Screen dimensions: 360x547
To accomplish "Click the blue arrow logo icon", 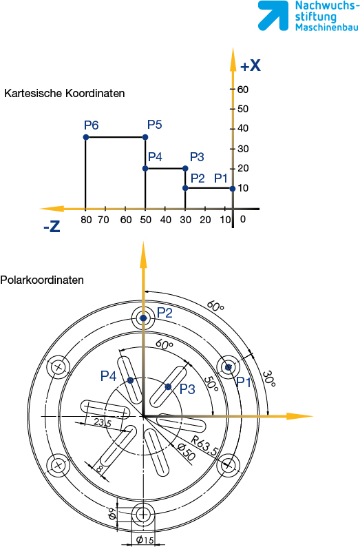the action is (273, 16).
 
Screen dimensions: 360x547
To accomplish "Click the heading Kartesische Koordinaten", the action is (65, 94).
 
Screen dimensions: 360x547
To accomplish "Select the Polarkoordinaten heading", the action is (42, 280).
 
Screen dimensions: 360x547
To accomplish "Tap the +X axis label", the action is (251, 65).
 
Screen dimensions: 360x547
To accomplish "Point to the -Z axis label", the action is (52, 227).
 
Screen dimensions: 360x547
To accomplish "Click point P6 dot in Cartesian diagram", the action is (86, 138).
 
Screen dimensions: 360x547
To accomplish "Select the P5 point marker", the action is (145, 138).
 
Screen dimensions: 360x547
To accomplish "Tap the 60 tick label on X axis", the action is (243, 90).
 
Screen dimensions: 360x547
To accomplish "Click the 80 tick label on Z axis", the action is (86, 220).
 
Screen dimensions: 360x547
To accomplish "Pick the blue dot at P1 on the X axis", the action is (233, 188).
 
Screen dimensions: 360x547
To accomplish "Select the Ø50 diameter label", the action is (186, 451).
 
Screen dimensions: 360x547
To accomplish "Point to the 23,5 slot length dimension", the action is (102, 423).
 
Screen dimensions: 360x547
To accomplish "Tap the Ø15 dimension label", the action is (145, 540).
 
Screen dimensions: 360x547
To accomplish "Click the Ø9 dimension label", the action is (112, 514).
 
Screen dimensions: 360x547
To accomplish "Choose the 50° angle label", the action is (211, 384).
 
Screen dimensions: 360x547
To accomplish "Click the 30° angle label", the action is (268, 378).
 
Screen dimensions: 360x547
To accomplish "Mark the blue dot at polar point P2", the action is (143, 318).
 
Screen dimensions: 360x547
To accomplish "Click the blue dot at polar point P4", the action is (130, 380).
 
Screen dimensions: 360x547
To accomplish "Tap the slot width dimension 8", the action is (99, 469).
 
